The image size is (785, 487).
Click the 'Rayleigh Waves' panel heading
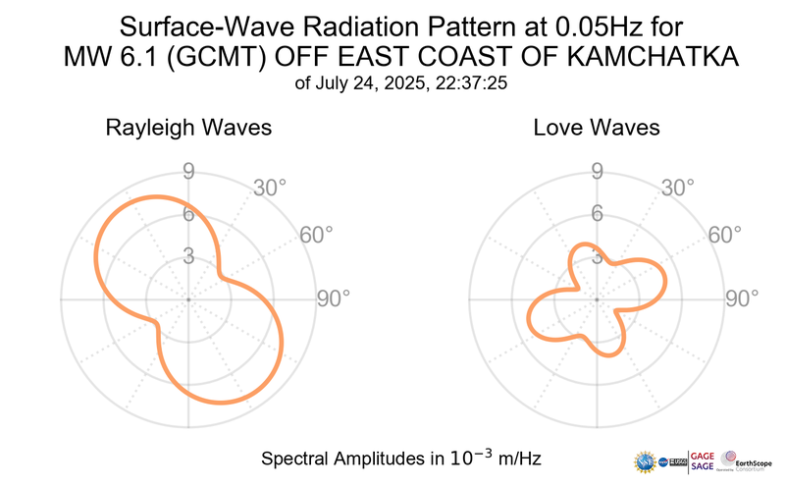(x=188, y=128)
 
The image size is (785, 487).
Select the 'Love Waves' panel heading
(x=597, y=128)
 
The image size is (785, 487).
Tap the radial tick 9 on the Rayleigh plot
(x=187, y=173)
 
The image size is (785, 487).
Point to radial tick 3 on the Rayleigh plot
(x=187, y=255)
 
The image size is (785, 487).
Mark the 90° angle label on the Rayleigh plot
(x=333, y=298)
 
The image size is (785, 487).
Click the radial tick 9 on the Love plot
(x=596, y=173)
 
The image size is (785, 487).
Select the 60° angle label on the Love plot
(x=726, y=236)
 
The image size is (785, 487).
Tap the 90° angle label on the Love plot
(x=742, y=298)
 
